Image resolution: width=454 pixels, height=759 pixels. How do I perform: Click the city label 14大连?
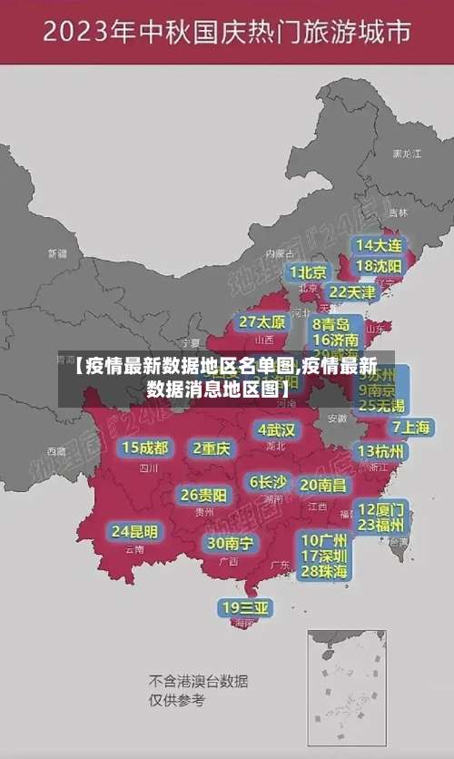coord(379,245)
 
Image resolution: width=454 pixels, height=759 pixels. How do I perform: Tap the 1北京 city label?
coord(308,271)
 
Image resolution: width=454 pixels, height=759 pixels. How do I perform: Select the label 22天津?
coord(351,292)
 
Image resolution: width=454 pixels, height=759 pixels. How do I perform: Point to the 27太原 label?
coord(262,322)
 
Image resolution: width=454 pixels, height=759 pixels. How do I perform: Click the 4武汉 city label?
coord(276,429)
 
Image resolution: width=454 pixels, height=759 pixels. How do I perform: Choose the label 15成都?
coord(144,448)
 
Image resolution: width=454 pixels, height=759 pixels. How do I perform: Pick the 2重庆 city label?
coord(212,448)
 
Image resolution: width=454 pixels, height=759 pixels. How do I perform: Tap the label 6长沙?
coord(268,482)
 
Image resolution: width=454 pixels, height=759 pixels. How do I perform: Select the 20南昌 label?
coord(323,485)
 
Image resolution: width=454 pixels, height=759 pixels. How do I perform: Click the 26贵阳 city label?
coord(204,496)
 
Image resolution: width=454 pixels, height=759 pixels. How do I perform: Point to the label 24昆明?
coord(134,530)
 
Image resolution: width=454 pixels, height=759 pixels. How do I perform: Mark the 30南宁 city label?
coord(230,543)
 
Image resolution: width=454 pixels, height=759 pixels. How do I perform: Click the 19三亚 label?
coord(246,607)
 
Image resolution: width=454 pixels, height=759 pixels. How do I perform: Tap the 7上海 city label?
coord(411,427)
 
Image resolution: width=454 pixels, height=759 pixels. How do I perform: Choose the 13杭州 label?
coord(381,451)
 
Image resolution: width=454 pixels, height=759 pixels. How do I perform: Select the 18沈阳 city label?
coord(379,266)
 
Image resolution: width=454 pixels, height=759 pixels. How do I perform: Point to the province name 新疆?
coord(57,253)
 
